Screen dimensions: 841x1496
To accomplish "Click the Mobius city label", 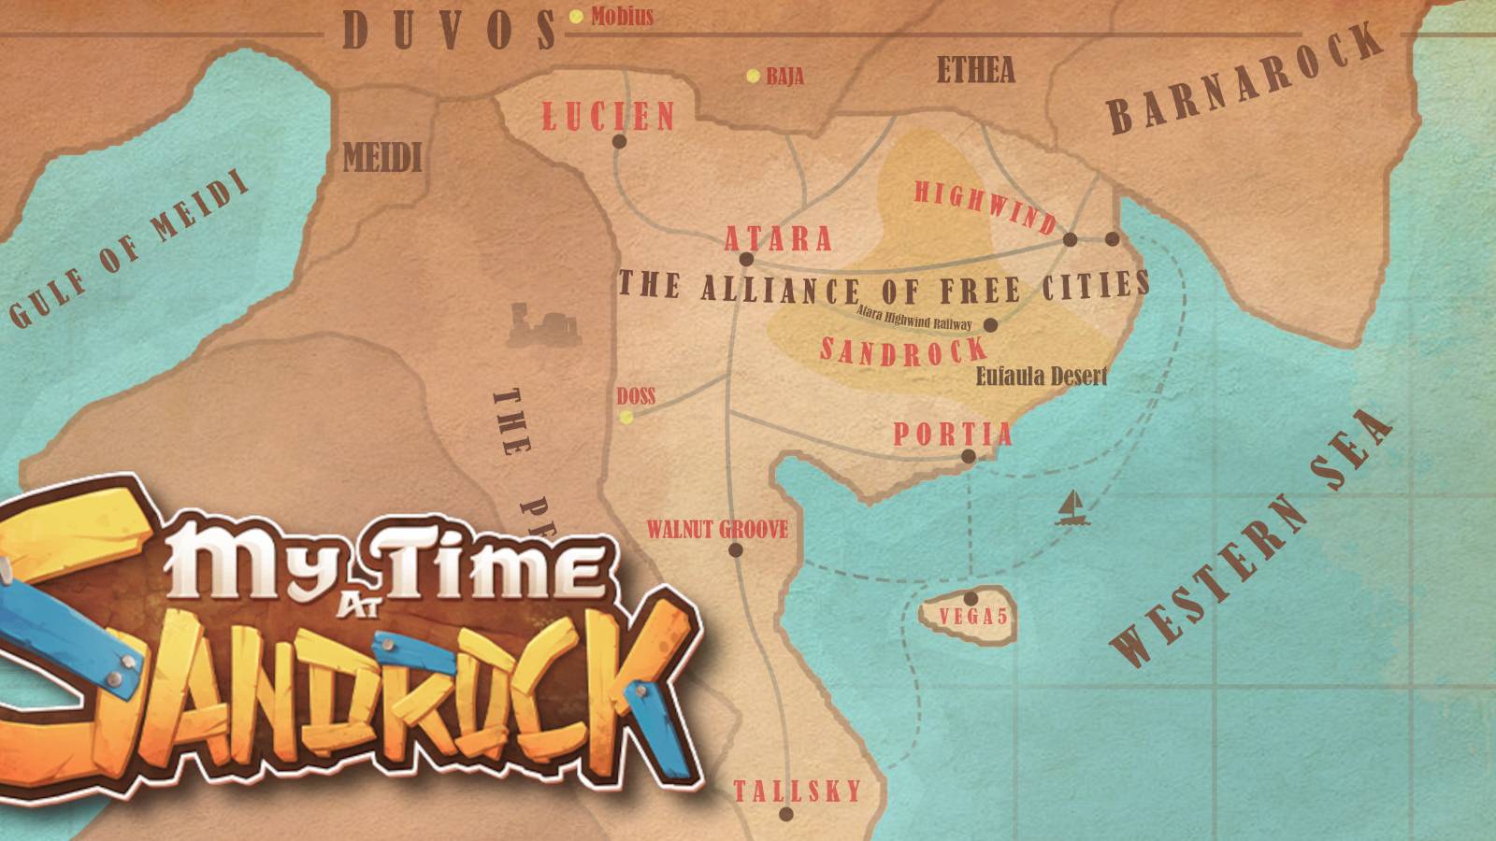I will click(622, 16).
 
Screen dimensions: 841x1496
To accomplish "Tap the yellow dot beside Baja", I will click(753, 77).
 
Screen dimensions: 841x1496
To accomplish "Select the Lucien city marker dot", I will click(619, 142).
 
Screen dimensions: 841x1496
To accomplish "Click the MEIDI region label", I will click(382, 157).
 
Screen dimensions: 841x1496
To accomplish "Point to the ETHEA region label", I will click(975, 70).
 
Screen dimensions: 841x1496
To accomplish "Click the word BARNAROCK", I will click(1244, 78).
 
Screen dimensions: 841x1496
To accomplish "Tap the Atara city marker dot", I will click(746, 260).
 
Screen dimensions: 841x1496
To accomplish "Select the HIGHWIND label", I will click(985, 207).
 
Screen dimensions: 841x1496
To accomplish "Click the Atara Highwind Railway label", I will click(913, 319).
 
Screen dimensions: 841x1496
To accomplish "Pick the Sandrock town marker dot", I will click(991, 325).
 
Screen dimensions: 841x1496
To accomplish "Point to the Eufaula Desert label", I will click(1041, 376).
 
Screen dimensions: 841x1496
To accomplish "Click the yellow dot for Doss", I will click(626, 417).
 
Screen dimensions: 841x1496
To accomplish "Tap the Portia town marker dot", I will click(969, 457).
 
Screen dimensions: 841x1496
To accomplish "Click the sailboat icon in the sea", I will click(1072, 508).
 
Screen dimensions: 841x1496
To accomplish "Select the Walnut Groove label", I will click(717, 530).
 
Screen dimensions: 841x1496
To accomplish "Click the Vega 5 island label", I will click(972, 617).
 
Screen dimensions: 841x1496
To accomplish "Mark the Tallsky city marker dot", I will click(786, 814).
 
